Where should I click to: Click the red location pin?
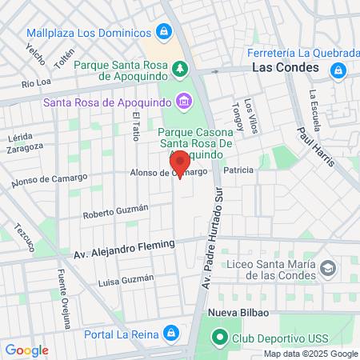180,162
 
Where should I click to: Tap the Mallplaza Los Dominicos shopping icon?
164,32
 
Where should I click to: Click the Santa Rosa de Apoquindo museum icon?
184,101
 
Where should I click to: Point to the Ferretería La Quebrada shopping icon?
338,70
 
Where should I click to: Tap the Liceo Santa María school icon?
326,269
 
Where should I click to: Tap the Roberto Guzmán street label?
116,211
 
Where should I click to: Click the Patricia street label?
238,170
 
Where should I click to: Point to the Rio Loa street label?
37,82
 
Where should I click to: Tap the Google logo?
26,350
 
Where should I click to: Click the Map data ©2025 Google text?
310,354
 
